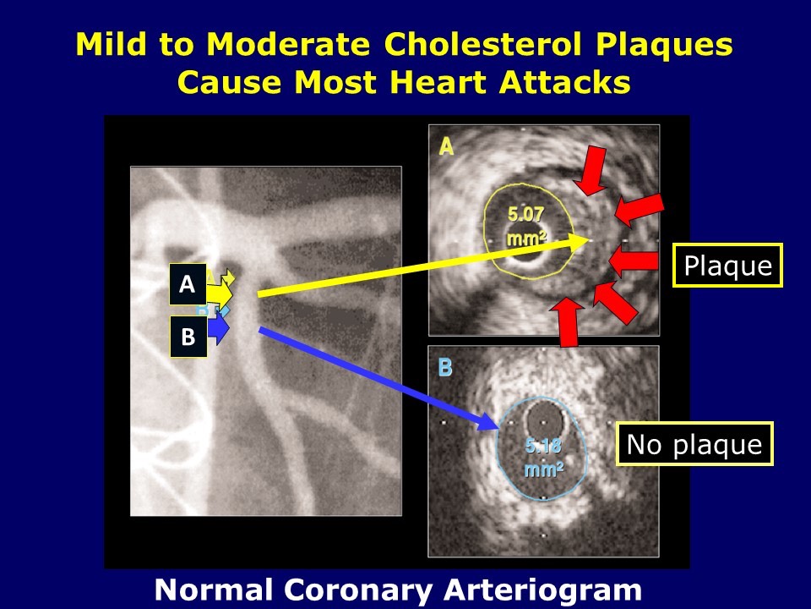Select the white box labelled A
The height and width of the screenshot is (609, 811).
[x=188, y=285]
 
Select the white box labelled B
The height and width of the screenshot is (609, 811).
[x=188, y=336]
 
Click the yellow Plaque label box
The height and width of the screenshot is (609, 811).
[x=727, y=266]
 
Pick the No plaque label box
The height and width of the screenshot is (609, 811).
[x=694, y=444]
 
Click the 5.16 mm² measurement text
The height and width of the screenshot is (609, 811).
[x=542, y=458]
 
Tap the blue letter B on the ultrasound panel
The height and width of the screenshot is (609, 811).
[x=445, y=368]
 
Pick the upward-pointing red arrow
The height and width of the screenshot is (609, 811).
[x=568, y=322]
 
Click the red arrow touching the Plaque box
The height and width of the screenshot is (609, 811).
[x=634, y=261]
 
